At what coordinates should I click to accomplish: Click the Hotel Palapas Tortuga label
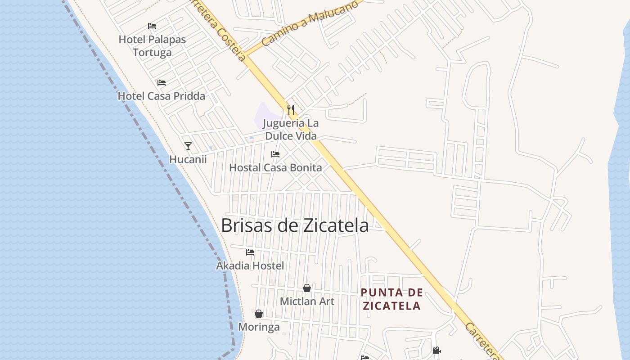pos(152,46)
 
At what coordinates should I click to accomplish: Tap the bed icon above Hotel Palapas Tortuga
pos(152,26)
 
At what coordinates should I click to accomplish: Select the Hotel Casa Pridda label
pos(161,96)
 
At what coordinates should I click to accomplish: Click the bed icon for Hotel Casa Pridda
pos(162,83)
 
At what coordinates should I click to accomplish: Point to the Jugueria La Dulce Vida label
pos(291,130)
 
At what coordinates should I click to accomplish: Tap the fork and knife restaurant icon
pos(291,109)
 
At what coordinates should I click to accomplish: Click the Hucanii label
pos(188,159)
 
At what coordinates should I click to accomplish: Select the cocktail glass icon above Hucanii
pos(188,146)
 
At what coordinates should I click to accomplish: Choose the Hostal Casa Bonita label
pos(275,168)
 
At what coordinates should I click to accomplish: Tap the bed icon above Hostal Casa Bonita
pos(275,154)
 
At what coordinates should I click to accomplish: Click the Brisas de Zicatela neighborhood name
pos(295,225)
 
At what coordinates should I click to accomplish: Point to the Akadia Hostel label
pos(250,266)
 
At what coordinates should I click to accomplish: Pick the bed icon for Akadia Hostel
pos(250,252)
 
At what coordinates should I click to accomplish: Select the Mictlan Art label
pos(307,301)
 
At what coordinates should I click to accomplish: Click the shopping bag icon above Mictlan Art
pos(307,288)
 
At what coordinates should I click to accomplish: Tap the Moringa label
pos(259,327)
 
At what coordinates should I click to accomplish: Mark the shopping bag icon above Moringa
pos(259,314)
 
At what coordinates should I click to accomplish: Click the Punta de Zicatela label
pos(391,299)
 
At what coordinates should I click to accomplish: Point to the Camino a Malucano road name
pos(310,22)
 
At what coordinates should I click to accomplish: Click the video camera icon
pos(436,350)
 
